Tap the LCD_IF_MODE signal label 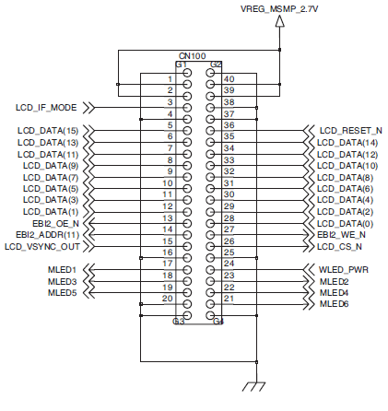[x=46, y=107]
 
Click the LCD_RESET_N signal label [x=350, y=131]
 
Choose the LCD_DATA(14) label [x=348, y=142]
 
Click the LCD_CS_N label [x=339, y=246]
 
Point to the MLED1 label [x=62, y=269]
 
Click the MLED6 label [x=334, y=303]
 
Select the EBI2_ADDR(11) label [x=47, y=234]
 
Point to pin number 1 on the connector [x=170, y=79]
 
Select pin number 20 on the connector [x=167, y=298]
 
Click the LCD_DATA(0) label [x=346, y=223]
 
